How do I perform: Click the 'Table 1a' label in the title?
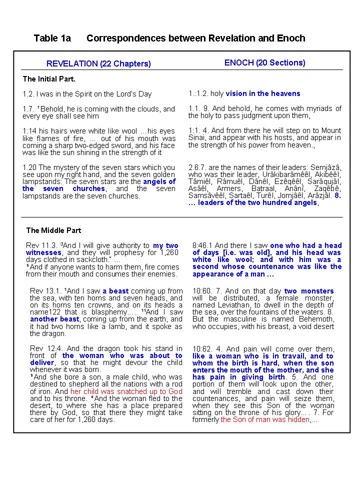tap(52, 38)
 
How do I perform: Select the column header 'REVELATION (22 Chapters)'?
tap(98, 63)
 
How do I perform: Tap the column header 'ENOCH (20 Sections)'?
tap(264, 62)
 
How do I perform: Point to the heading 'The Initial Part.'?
tap(49, 79)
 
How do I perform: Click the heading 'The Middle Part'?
tap(53, 230)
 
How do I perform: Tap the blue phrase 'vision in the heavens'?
tap(262, 93)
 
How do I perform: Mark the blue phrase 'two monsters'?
tap(308, 291)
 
